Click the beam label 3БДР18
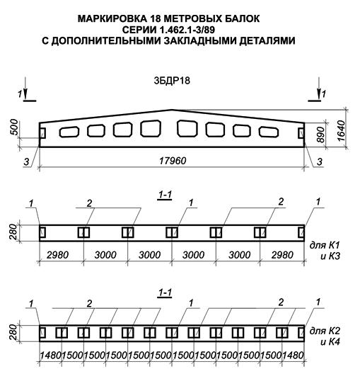(x=172, y=81)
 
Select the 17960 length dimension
(x=173, y=161)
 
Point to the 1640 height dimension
(x=341, y=131)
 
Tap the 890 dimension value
(x=320, y=135)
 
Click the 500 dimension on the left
(x=14, y=127)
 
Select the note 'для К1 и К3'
(x=325, y=251)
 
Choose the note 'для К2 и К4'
(x=325, y=336)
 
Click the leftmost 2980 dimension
(x=57, y=255)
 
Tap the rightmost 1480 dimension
(x=293, y=355)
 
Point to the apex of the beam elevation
(x=172, y=110)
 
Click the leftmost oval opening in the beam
(x=69, y=132)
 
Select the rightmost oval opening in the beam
(x=269, y=132)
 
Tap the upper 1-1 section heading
(x=165, y=195)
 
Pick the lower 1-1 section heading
(x=165, y=292)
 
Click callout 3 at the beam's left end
(x=26, y=162)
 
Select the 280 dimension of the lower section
(x=13, y=333)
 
